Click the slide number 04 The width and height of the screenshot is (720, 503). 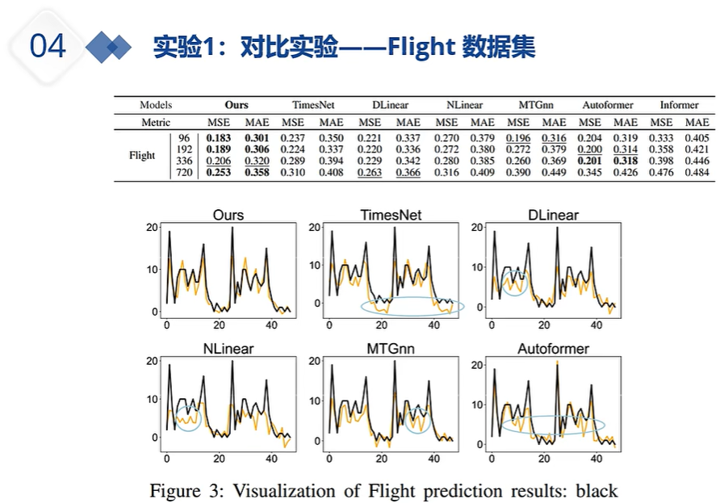point(48,47)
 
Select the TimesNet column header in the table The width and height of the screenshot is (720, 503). point(313,105)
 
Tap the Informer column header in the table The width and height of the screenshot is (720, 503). point(679,105)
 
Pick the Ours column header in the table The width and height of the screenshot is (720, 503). point(237,105)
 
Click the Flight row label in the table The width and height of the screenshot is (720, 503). point(142,155)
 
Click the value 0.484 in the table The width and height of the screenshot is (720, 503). point(696,173)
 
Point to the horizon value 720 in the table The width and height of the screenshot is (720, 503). point(184,173)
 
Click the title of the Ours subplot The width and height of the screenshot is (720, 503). point(228,216)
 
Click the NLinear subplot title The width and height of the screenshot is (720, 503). point(228,350)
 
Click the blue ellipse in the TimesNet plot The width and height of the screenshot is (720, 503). point(412,307)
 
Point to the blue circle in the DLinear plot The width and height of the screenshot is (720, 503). point(514,283)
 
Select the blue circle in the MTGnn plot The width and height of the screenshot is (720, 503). point(418,421)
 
